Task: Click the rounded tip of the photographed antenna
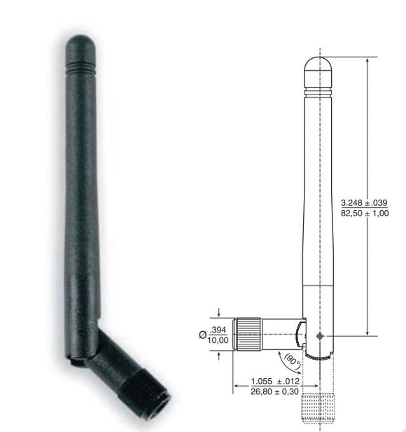[80, 47]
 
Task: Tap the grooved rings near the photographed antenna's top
[80, 67]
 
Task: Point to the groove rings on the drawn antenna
[318, 92]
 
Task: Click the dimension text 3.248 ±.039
[364, 203]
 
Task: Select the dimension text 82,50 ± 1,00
[365, 213]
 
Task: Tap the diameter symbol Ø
[202, 335]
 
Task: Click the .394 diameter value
[218, 330]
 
